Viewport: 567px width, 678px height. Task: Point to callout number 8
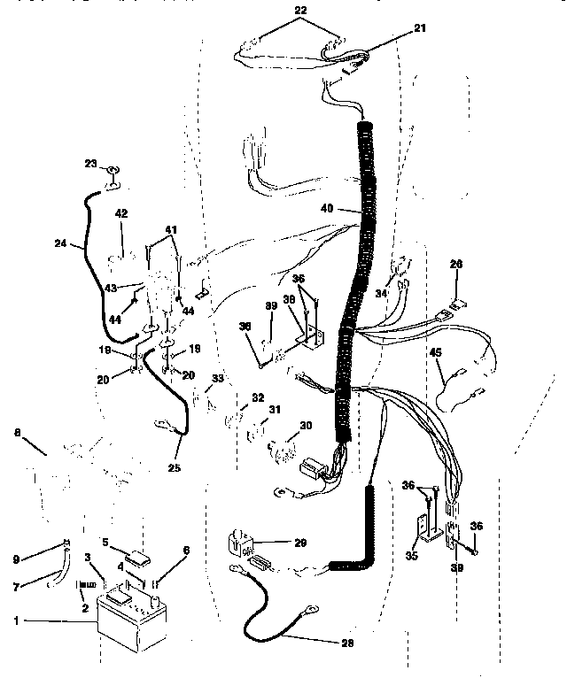tap(16, 434)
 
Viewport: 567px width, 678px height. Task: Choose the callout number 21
tap(419, 28)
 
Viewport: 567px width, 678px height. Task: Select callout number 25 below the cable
tap(175, 466)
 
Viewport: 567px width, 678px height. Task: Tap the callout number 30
tap(305, 427)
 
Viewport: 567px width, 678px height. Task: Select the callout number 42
tap(121, 212)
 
